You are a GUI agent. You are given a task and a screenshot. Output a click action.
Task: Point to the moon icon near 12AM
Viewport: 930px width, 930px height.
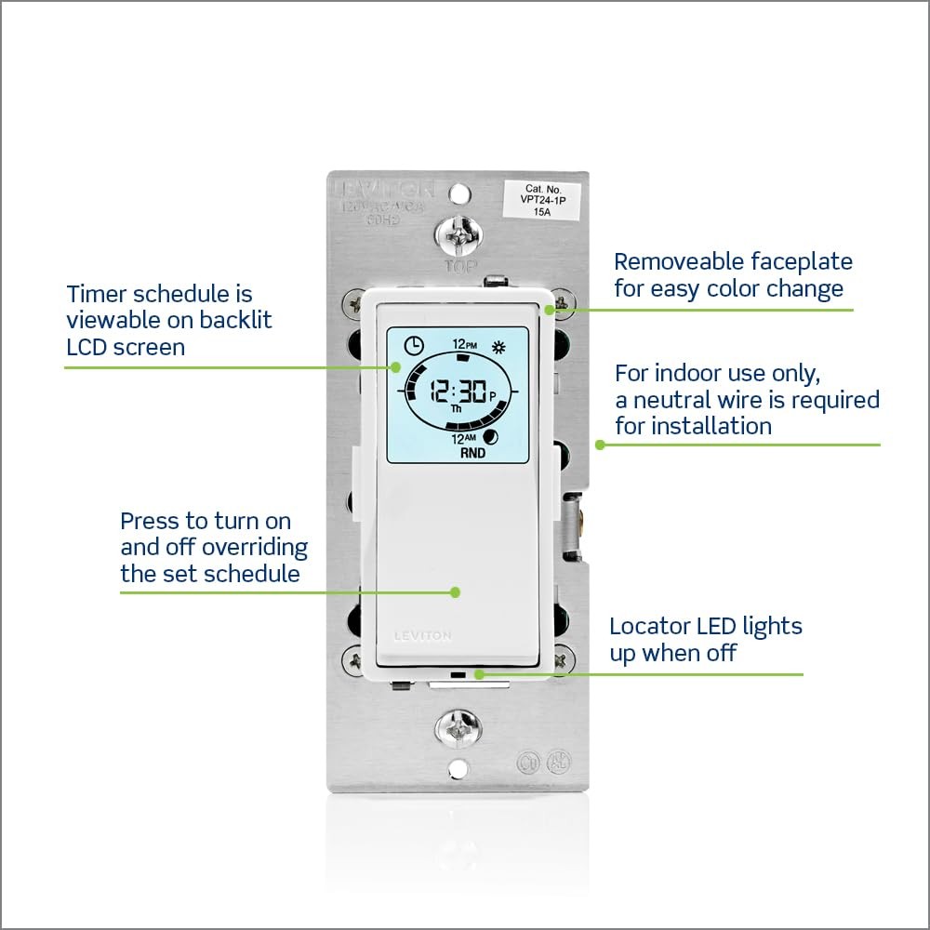491,437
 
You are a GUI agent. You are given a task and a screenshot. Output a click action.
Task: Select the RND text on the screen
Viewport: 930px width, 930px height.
472,455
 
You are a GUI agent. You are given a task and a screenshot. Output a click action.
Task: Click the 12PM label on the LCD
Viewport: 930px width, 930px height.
464,344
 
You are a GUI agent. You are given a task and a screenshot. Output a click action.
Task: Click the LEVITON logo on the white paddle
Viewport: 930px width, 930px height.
422,636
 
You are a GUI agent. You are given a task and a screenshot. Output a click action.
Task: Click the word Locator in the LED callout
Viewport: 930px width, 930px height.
648,626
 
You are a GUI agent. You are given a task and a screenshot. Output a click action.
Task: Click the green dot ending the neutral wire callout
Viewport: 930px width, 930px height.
600,445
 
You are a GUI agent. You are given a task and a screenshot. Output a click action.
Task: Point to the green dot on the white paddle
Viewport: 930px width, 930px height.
456,591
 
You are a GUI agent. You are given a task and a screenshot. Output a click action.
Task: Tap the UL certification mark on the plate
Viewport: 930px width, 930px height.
527,762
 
